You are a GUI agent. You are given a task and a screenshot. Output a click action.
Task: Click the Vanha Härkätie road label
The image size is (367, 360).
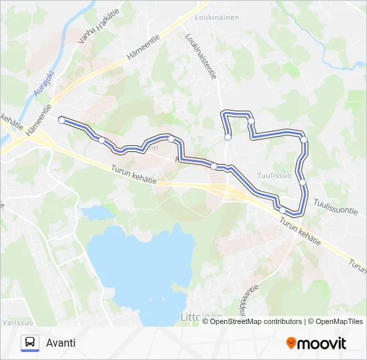pos(93,30)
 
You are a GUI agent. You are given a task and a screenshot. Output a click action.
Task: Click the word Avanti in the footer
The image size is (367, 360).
pos(61,343)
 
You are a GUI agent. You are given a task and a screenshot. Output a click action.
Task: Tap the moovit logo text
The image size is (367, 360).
pos(322,343)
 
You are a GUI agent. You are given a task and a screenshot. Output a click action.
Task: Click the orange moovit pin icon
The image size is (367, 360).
pos(291,343)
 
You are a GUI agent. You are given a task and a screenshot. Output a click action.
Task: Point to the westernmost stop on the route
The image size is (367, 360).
pos(61,120)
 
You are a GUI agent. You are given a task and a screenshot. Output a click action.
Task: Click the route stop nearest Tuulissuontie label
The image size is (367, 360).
pos(302,182)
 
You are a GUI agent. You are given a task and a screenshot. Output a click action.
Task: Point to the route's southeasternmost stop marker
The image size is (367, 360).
pos(282,211)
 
